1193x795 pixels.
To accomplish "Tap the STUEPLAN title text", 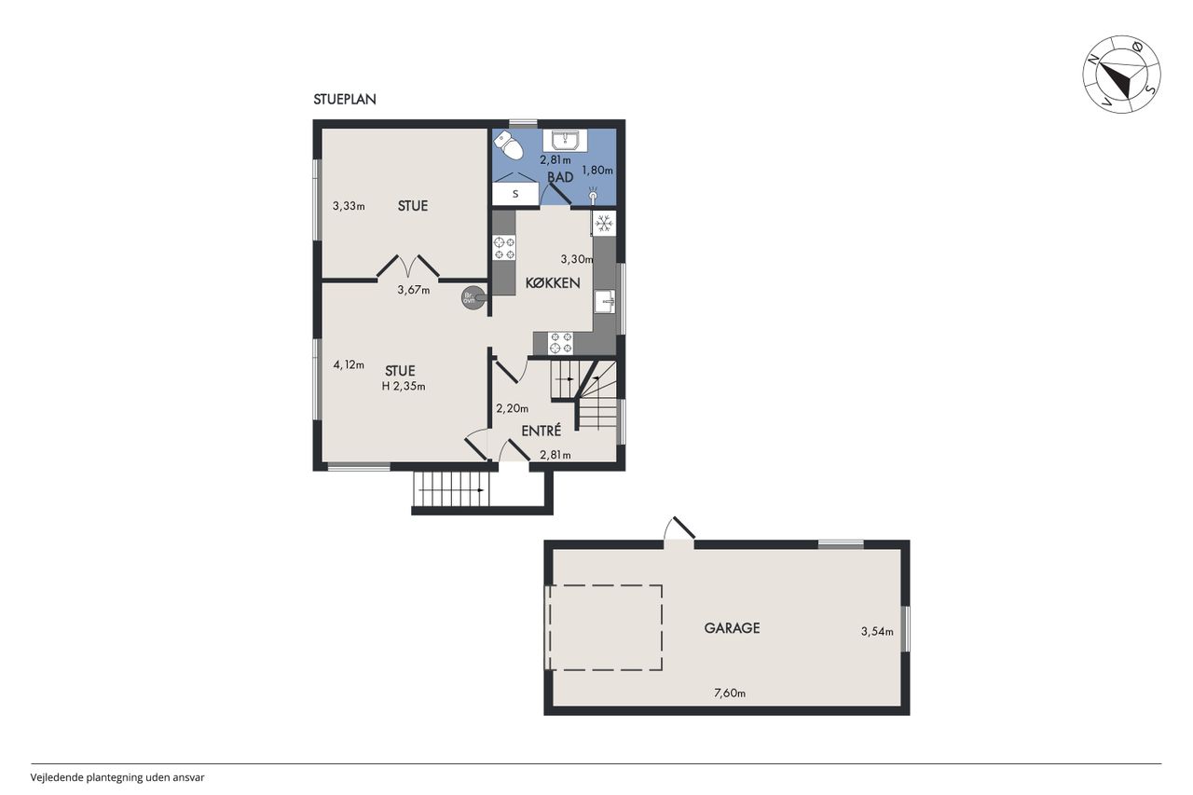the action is point(345,99).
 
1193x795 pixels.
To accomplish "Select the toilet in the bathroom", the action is point(509,145).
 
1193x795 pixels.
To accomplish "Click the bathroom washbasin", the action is point(565,141).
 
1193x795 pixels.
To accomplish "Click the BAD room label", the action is point(560,177).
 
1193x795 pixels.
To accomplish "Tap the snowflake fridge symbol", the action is point(603,223).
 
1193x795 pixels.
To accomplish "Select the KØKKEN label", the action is point(553,282).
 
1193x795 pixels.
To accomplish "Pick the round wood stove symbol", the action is point(473,298).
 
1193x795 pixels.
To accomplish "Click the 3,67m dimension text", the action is point(414,290).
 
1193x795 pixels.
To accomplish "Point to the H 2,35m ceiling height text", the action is point(404,387).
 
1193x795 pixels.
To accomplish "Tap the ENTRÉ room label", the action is point(542,431).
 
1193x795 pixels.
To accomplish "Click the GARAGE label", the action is point(732,628).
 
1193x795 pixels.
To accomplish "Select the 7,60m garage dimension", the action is point(730,693).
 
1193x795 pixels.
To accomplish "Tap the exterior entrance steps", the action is point(452,489).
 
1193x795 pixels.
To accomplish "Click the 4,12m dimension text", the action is point(349,364).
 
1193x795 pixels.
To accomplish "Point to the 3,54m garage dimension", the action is point(877,632).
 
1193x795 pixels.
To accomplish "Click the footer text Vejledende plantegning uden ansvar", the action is point(117,777).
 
